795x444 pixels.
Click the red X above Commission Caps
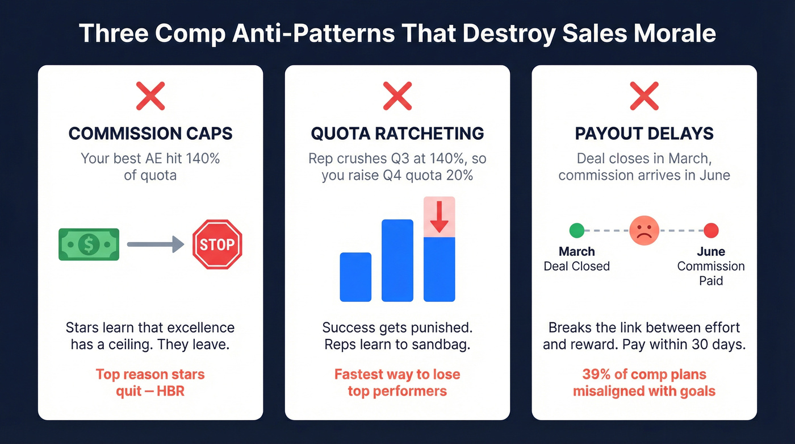150,96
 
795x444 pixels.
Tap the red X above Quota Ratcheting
397,96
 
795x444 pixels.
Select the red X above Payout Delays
644,96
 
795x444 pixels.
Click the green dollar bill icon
89,244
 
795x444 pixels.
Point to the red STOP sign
217,244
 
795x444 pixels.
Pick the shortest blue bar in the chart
355,277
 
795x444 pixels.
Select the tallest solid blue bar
397,260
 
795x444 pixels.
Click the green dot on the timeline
576,231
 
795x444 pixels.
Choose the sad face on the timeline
644,231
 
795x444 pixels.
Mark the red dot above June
711,231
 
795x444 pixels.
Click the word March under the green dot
576,251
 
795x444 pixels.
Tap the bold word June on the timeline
711,251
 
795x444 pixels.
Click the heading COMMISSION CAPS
150,134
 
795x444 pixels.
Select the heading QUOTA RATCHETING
397,134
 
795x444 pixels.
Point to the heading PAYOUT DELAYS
644,134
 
